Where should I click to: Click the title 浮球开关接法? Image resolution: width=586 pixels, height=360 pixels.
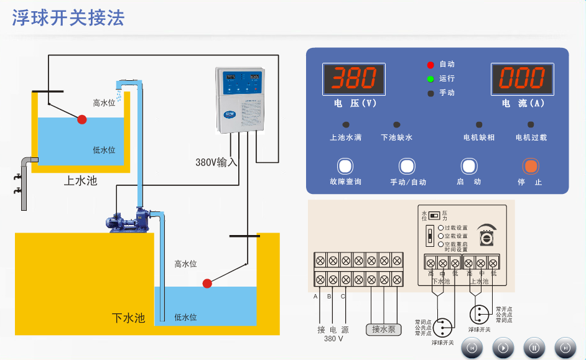[68, 19]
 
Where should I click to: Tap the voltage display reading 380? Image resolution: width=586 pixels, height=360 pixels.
[353, 79]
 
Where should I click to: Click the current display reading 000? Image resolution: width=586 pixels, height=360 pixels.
[522, 79]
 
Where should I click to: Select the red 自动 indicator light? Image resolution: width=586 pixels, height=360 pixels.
[430, 65]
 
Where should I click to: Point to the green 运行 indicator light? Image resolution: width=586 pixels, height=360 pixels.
[430, 79]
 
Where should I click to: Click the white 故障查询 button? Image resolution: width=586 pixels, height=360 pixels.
[345, 167]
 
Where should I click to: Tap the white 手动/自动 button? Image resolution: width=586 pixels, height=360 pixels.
[407, 167]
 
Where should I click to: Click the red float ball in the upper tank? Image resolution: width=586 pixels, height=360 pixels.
[82, 119]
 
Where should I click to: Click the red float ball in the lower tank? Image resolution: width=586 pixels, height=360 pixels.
[207, 284]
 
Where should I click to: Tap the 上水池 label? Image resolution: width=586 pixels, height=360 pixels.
[81, 181]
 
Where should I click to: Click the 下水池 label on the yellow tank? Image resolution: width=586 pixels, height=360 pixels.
[128, 318]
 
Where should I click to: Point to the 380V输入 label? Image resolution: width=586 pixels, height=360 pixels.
[216, 162]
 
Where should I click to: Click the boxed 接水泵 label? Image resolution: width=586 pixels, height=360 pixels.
[384, 329]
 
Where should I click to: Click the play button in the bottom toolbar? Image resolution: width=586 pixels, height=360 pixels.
[503, 348]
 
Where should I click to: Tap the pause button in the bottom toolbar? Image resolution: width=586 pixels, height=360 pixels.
[534, 348]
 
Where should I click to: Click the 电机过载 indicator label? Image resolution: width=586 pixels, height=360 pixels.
[531, 137]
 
